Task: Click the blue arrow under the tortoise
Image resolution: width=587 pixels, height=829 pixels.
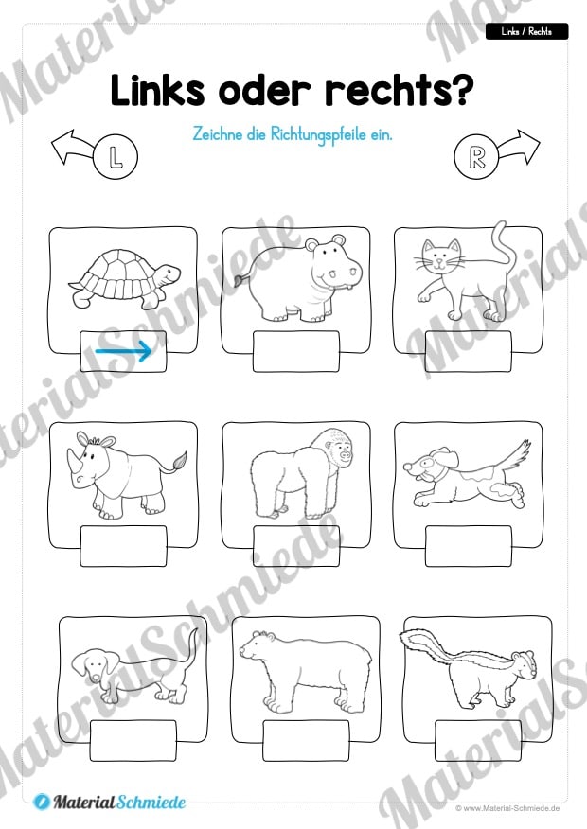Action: coord(124,350)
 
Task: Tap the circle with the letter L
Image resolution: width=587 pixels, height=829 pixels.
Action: coord(116,157)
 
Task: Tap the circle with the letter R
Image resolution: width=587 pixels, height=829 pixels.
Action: coord(476,157)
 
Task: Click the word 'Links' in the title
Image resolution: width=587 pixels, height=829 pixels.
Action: coord(157,91)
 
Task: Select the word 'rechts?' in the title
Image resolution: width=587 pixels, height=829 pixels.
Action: coord(400,91)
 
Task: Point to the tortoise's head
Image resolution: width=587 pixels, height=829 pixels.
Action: coord(169,273)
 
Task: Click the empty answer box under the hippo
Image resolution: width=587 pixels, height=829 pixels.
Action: coord(296,351)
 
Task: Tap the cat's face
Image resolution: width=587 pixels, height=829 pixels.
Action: coord(441,256)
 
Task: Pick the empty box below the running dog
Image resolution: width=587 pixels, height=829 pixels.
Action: coord(469,546)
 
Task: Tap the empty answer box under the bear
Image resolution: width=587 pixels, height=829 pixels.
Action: coord(306,740)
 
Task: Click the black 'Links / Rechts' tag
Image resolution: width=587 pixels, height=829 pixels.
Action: coord(526,32)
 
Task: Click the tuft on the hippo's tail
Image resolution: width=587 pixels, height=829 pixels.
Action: coord(240,279)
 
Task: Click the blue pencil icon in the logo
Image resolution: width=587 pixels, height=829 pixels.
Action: coord(42,803)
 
